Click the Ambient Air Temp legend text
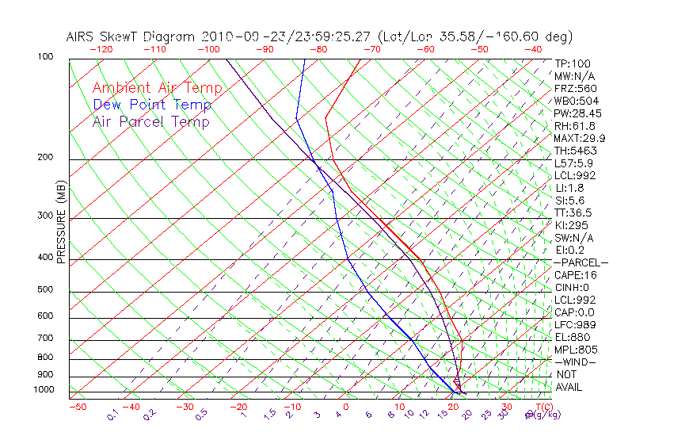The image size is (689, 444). click(157, 88)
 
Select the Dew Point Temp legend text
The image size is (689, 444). click(151, 105)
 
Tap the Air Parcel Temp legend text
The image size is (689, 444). click(150, 121)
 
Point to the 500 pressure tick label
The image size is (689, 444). click(46, 289)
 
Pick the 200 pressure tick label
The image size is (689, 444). click(46, 157)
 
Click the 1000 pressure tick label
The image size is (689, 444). click(44, 389)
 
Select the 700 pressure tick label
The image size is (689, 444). click(46, 339)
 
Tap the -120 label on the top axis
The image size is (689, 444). click(101, 49)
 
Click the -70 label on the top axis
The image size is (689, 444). click(371, 49)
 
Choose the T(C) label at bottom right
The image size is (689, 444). click(542, 407)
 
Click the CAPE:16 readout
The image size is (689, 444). click(576, 275)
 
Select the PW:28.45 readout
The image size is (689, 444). click(577, 113)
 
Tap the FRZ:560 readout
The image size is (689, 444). click(576, 88)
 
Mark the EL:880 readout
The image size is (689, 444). click(573, 337)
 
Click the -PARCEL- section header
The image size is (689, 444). click(581, 262)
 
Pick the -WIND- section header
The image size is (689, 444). click(576, 362)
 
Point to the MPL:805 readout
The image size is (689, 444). click(576, 350)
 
